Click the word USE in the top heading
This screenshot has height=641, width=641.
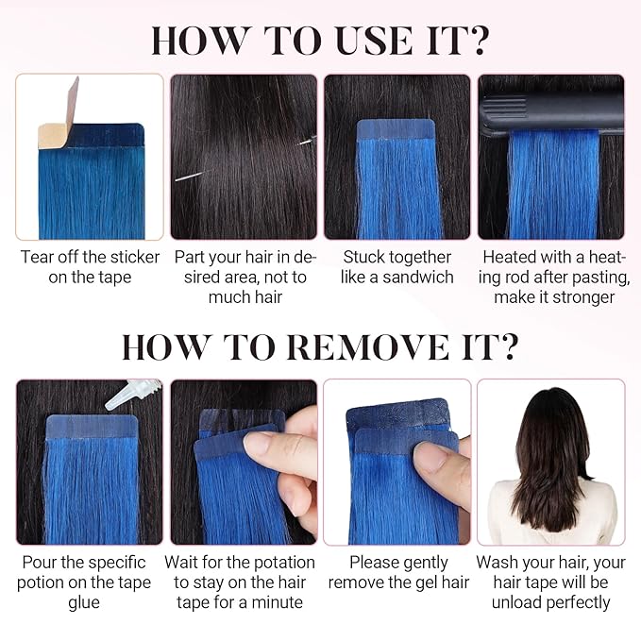click(x=374, y=41)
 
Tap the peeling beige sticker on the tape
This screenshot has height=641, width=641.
click(x=59, y=118)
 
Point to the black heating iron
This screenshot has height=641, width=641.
click(x=551, y=113)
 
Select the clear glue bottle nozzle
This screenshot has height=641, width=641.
click(x=132, y=394)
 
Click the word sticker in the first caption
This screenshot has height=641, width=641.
click(x=135, y=257)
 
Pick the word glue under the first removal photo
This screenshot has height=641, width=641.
click(x=84, y=603)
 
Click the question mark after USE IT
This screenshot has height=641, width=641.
click(x=476, y=41)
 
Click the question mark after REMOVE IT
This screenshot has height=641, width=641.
click(x=506, y=346)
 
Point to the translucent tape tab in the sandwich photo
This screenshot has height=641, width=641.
click(x=396, y=129)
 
